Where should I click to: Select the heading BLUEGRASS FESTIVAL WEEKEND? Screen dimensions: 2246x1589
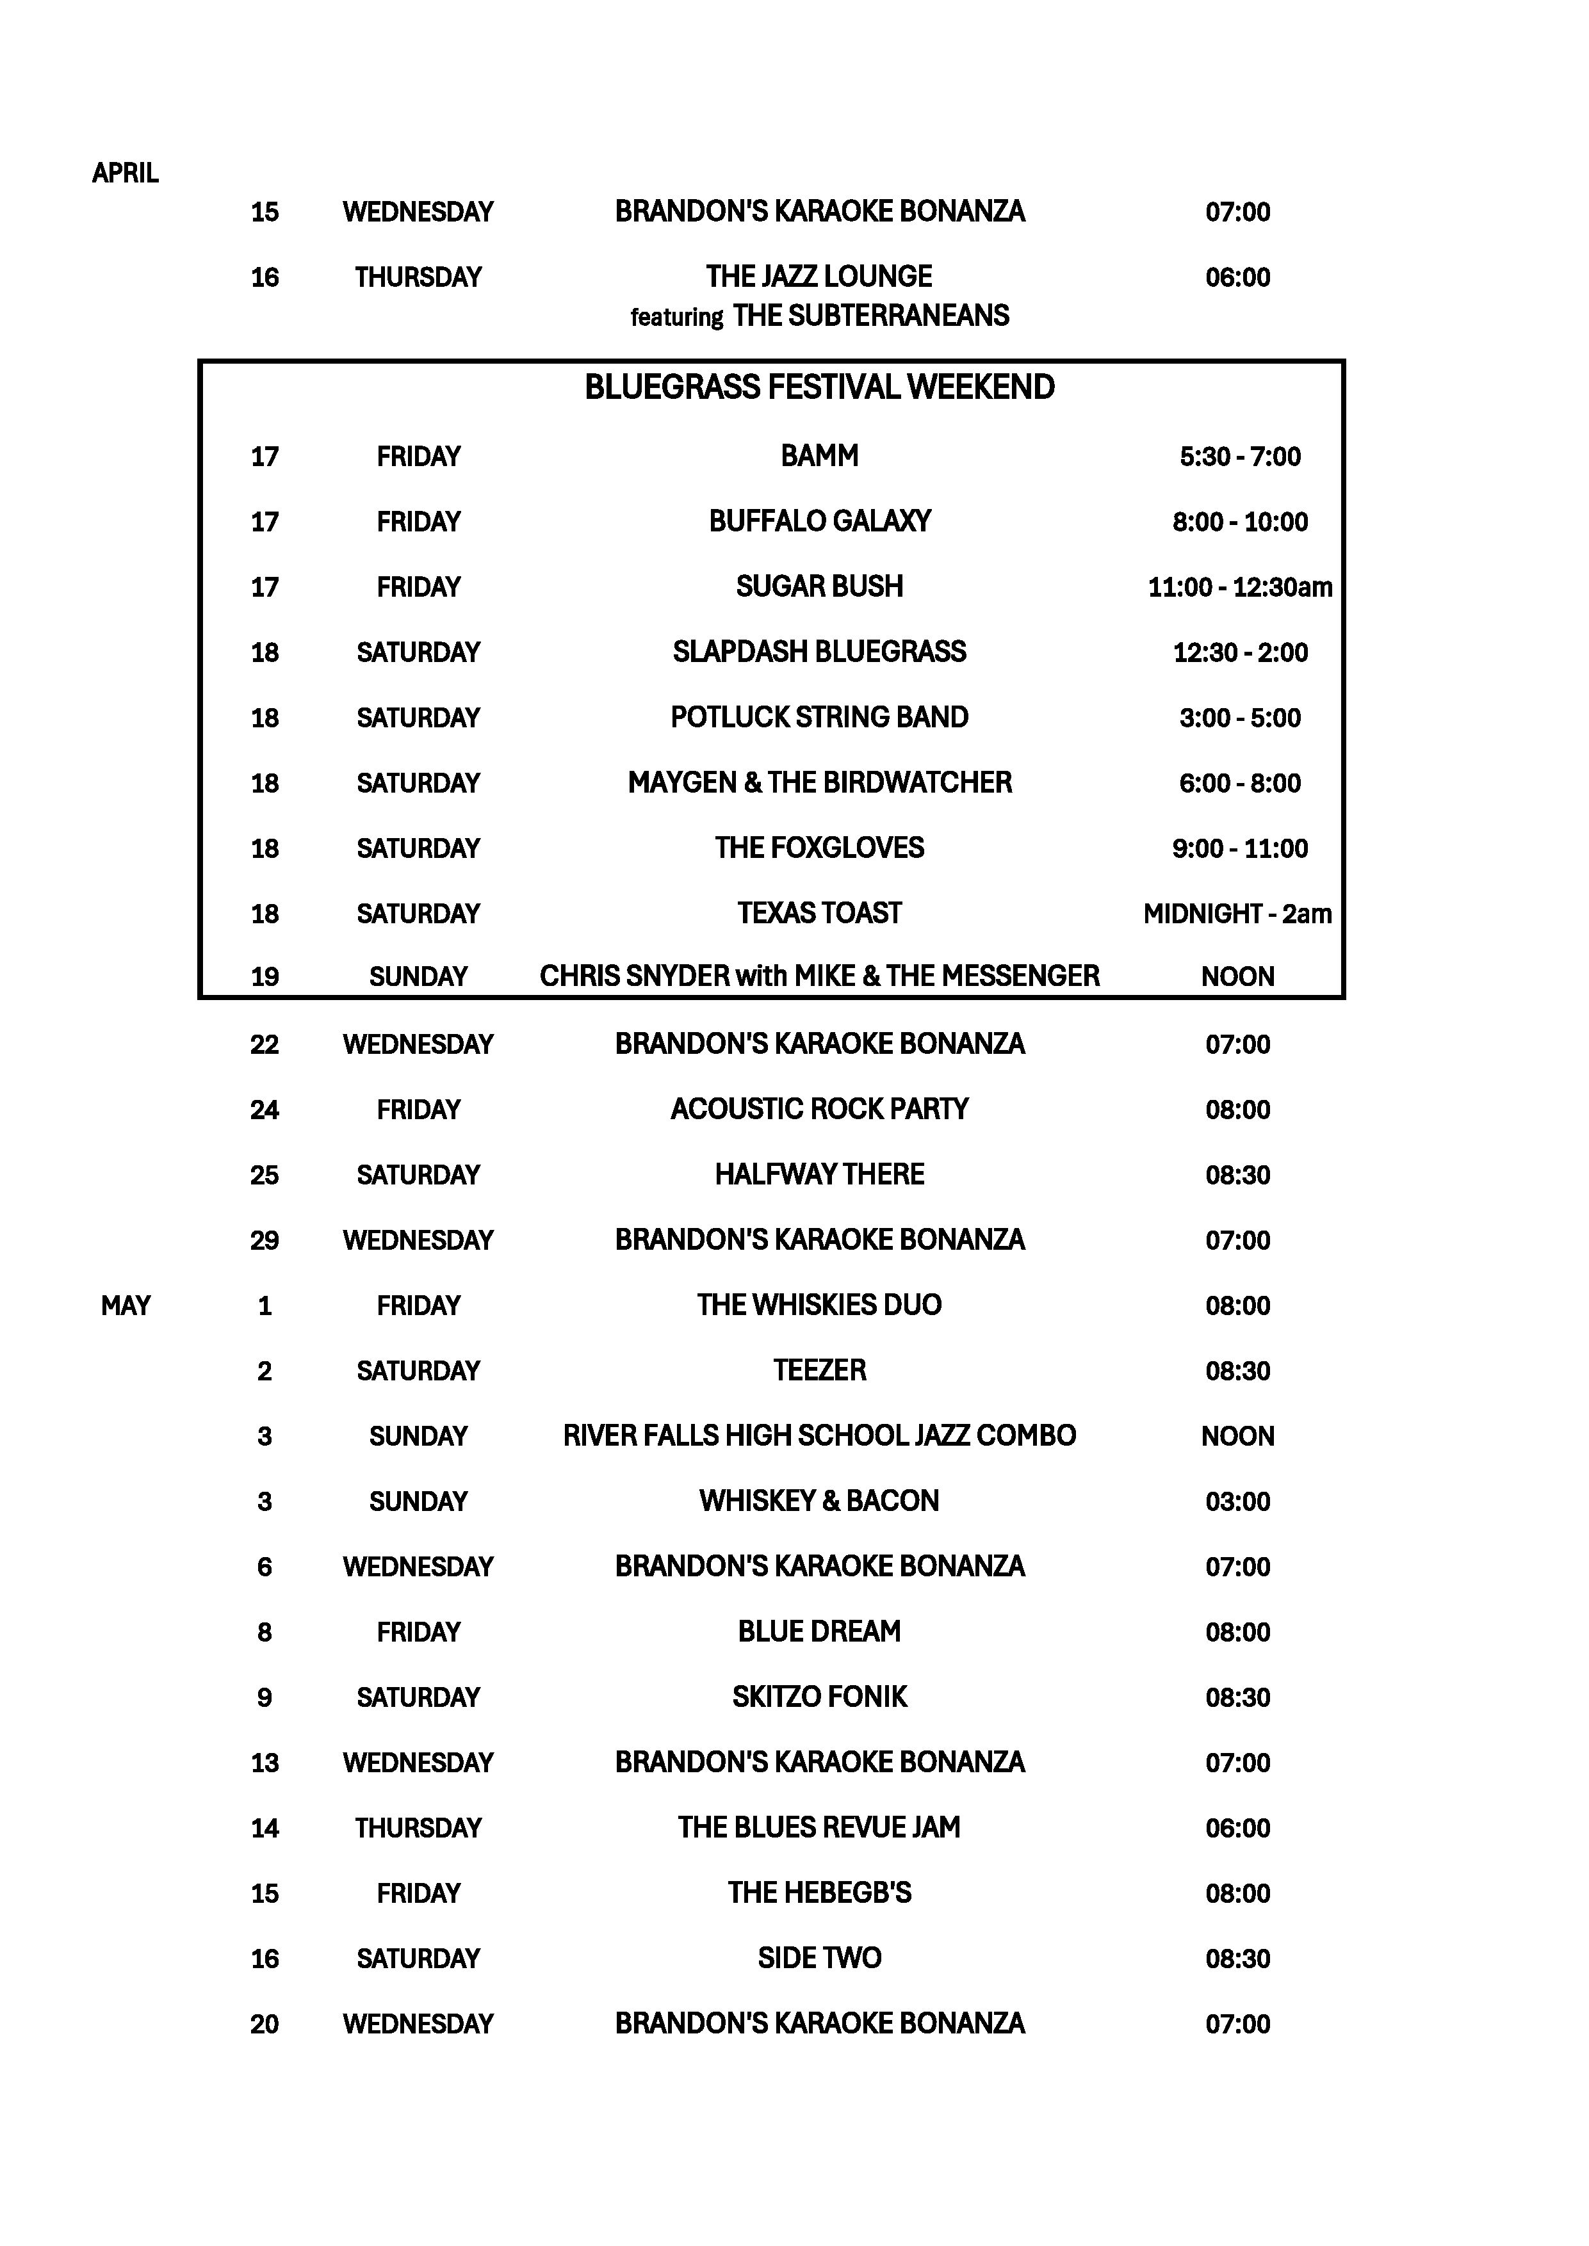click(819, 387)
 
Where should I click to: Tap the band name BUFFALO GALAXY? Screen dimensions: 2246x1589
click(819, 521)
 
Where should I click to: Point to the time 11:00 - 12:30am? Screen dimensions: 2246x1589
click(1240, 587)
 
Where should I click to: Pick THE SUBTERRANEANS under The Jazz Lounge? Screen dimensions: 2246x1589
click(871, 316)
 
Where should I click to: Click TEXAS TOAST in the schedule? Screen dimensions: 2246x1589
click(819, 914)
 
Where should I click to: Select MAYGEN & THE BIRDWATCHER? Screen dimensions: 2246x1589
click(819, 782)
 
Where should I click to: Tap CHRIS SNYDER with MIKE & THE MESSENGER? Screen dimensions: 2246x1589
click(819, 976)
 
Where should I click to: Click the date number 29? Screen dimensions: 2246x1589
click(264, 1240)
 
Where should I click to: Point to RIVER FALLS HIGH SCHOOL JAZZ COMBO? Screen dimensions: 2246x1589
click(819, 1436)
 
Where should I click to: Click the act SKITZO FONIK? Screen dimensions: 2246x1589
click(819, 1697)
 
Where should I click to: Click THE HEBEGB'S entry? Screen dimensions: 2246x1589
click(819, 1893)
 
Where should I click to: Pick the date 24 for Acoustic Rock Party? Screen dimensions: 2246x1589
click(264, 1110)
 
